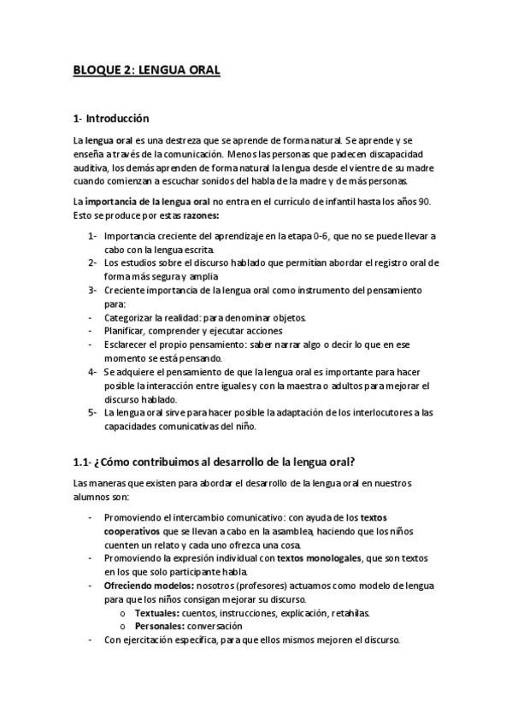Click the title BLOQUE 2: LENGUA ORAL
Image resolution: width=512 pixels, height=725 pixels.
point(146,72)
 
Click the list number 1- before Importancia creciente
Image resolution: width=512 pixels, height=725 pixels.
point(92,235)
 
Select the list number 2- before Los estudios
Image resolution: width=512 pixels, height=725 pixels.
point(92,262)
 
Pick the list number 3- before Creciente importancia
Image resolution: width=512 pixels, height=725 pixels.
point(92,290)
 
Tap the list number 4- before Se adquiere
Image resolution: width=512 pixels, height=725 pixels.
point(92,372)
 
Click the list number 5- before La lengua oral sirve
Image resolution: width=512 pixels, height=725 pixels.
point(92,413)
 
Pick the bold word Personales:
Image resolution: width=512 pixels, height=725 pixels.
point(159,627)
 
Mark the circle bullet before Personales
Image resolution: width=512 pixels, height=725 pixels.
point(124,628)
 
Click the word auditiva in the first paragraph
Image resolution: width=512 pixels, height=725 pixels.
point(93,168)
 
